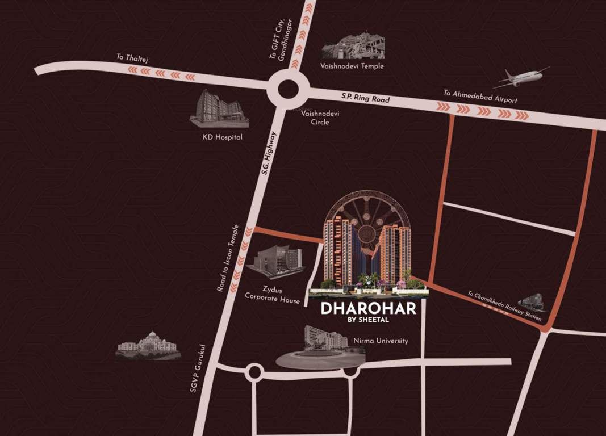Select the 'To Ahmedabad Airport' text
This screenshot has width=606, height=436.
480,97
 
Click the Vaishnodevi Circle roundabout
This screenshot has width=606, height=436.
289,89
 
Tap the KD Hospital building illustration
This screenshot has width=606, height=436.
219,108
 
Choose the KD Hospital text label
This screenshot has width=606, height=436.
223,137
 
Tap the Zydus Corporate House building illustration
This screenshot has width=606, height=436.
278,262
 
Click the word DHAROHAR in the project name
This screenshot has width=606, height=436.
369,309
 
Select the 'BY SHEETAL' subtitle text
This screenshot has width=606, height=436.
369,320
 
